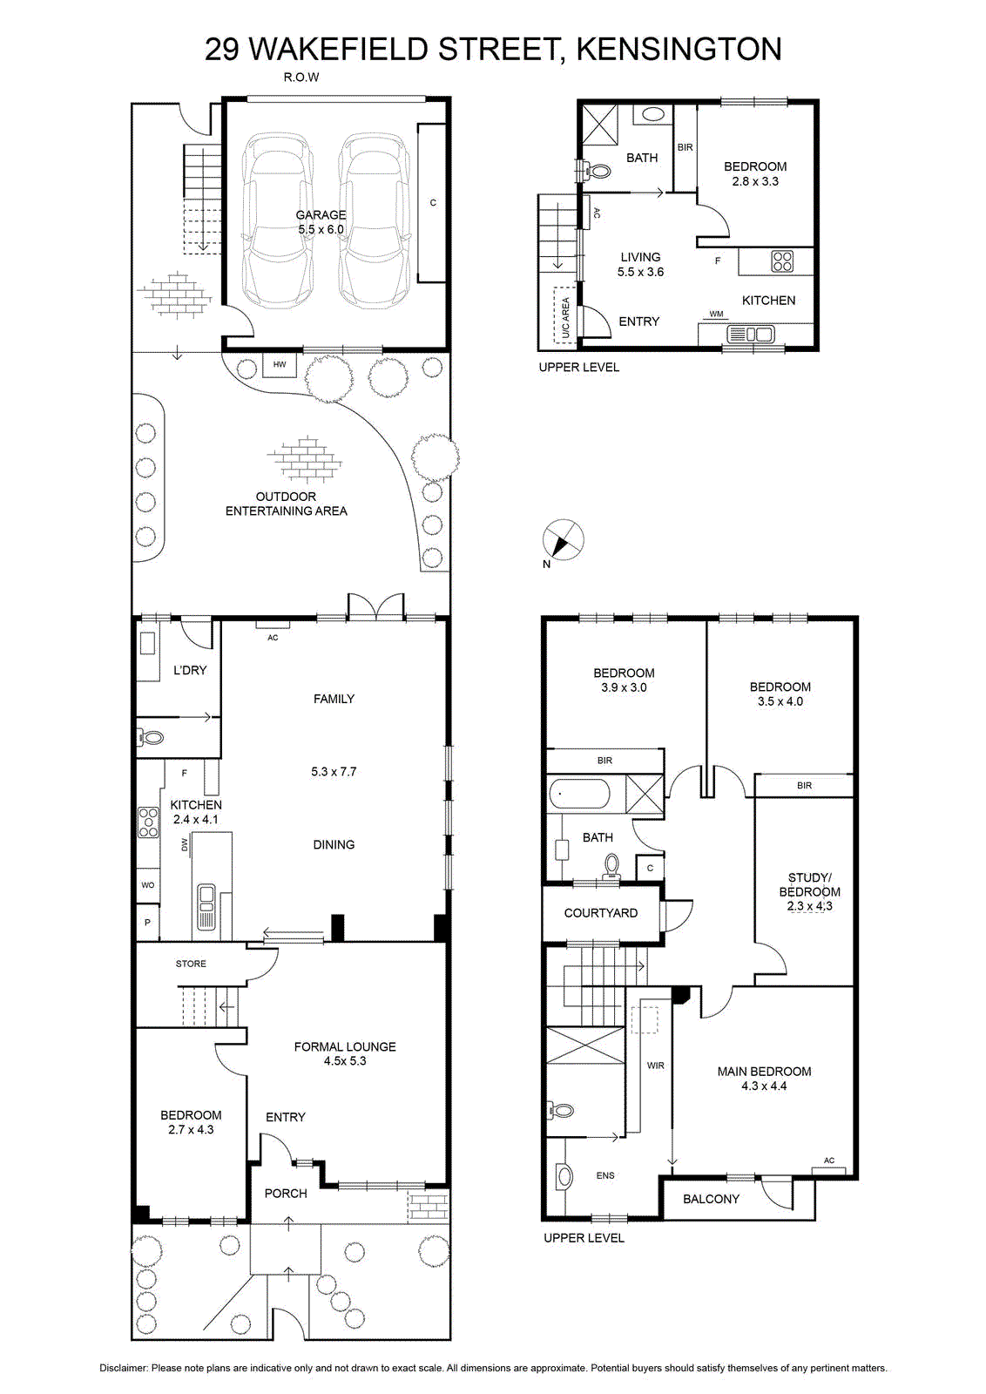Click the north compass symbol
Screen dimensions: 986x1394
point(563,540)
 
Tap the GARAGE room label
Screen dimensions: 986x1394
point(321,214)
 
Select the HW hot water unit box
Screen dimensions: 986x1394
point(280,364)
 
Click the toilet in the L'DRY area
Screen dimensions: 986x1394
point(151,738)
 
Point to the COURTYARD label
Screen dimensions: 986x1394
point(600,913)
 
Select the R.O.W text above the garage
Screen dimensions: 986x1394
point(301,78)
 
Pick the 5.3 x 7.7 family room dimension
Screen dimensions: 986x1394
point(334,772)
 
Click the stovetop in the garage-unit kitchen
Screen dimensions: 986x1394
point(782,261)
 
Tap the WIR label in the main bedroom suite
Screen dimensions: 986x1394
point(655,1066)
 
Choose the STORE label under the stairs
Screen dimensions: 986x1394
point(191,964)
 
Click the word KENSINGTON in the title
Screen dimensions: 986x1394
point(679,50)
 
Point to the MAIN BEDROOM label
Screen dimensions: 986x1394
point(764,1071)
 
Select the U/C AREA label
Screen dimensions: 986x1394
point(565,317)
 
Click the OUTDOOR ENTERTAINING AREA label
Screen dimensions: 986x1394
point(287,504)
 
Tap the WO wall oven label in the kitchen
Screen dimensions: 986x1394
point(147,885)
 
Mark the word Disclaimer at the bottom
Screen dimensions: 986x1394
point(123,1368)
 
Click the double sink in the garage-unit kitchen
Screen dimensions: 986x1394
point(750,335)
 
